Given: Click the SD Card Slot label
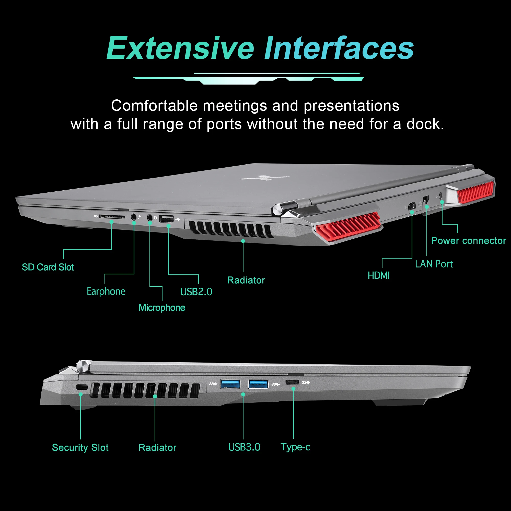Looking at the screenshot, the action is pyautogui.click(x=48, y=267).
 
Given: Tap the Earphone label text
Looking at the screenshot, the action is pyautogui.click(x=106, y=292).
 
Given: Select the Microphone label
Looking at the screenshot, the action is pyautogui.click(x=162, y=308).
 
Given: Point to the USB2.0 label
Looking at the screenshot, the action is pyautogui.click(x=196, y=292).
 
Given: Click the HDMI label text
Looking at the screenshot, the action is pyautogui.click(x=378, y=276).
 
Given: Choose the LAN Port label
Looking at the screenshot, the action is pyautogui.click(x=434, y=264).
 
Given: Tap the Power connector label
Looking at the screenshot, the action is pyautogui.click(x=468, y=241).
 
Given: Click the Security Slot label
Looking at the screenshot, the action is pyautogui.click(x=80, y=448).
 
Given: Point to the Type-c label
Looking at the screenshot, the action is pyautogui.click(x=295, y=447).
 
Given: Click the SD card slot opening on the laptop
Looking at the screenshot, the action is pyautogui.click(x=112, y=217).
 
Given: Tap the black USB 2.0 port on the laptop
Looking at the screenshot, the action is pyautogui.click(x=167, y=219).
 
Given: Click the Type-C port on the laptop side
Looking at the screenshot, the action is pyautogui.click(x=292, y=382).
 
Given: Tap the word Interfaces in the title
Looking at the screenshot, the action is pyautogui.click(x=339, y=48).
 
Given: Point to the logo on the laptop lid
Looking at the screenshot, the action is pyautogui.click(x=264, y=178).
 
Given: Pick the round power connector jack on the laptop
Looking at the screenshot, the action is pyautogui.click(x=440, y=196).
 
